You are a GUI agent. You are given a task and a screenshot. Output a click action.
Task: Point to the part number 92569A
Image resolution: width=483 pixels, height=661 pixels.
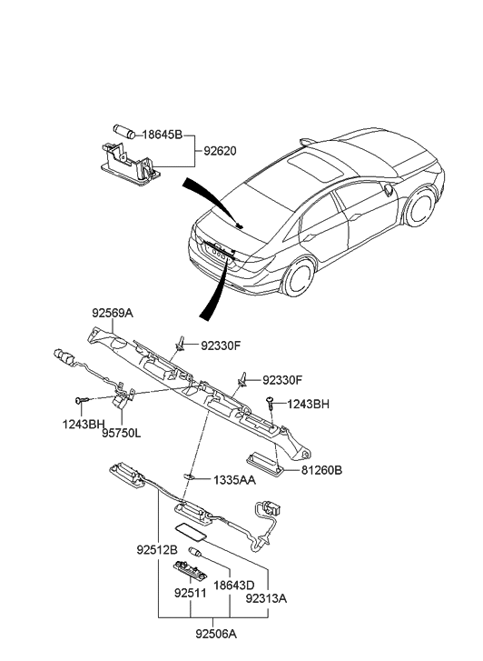pyautogui.click(x=112, y=313)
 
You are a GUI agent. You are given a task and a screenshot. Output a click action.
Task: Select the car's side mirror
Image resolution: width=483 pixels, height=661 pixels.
pyautogui.click(x=389, y=193)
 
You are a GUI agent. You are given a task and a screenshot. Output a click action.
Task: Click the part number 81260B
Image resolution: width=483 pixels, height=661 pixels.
pyautogui.click(x=322, y=470)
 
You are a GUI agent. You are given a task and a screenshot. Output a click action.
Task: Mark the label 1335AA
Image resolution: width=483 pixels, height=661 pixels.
pyautogui.click(x=234, y=479)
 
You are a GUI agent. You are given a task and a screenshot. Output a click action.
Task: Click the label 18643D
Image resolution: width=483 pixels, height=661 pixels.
pyautogui.click(x=235, y=586)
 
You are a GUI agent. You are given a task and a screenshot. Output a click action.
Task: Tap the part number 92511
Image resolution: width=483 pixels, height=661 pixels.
pyautogui.click(x=191, y=593)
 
